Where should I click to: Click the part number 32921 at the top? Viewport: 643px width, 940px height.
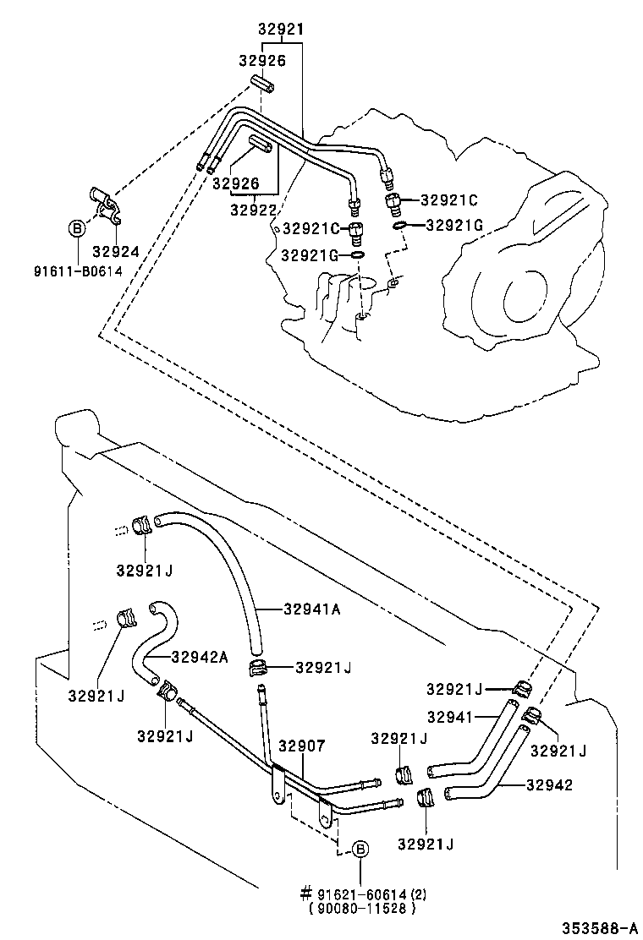(x=280, y=30)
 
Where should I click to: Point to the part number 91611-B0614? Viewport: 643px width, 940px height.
(x=78, y=271)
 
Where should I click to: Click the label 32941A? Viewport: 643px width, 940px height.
(x=312, y=609)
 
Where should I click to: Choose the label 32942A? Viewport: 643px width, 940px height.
(x=200, y=657)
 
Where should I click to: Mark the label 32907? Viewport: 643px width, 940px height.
(x=302, y=746)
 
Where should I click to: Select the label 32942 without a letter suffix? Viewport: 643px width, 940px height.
(x=549, y=785)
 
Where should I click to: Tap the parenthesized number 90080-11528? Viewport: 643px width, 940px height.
(x=363, y=909)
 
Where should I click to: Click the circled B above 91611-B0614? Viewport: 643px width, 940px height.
(x=77, y=227)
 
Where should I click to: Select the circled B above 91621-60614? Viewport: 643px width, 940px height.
(x=360, y=850)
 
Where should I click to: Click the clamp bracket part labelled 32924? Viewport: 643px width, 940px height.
(x=105, y=204)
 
